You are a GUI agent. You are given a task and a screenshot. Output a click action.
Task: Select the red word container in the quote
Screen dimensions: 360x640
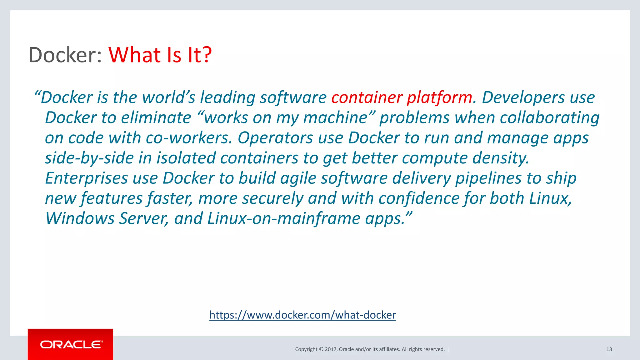tap(366, 97)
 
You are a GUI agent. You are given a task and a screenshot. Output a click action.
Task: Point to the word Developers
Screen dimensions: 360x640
tap(523, 97)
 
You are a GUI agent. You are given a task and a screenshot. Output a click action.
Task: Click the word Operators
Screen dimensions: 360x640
tap(275, 138)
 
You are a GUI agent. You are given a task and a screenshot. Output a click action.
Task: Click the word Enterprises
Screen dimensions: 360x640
tap(86, 178)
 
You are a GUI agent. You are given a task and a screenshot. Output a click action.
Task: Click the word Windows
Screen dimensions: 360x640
tap(80, 218)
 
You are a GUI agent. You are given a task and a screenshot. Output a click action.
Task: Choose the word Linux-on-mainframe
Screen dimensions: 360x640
tap(284, 218)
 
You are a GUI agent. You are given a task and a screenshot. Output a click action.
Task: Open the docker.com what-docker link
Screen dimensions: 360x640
tap(302, 315)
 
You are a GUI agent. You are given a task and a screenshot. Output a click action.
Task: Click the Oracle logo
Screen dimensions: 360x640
tap(71, 344)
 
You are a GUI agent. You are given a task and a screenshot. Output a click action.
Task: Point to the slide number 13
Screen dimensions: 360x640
tap(609, 349)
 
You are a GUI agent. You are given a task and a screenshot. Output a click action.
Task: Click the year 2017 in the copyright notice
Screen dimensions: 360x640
tap(331, 349)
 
